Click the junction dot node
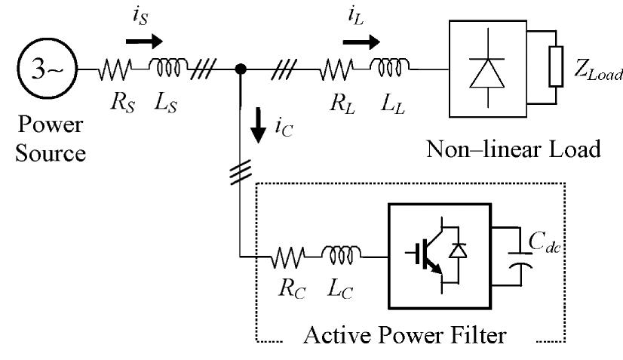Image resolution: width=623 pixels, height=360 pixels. coord(241,70)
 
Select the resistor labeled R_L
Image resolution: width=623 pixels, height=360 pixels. coord(334,70)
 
